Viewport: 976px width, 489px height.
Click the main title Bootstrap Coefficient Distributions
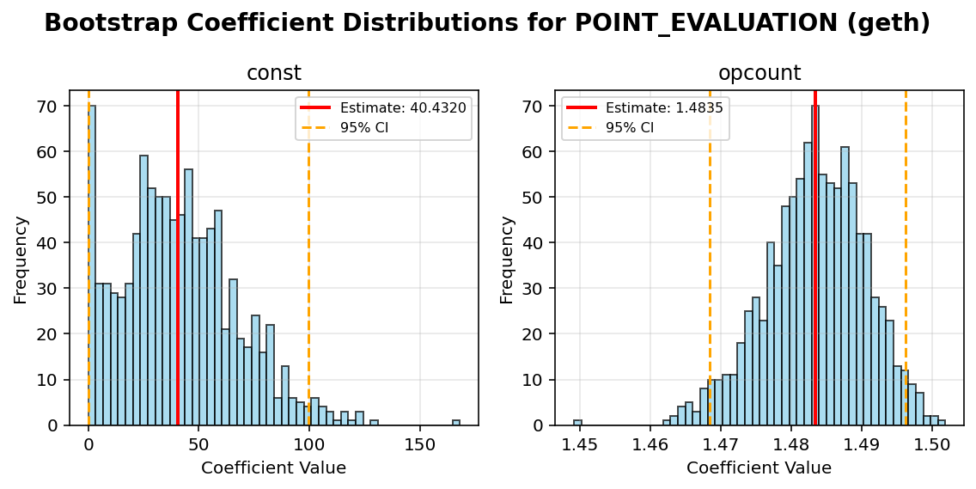coord(486,23)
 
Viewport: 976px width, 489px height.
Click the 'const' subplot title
coord(273,74)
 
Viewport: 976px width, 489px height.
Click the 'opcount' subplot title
coord(759,74)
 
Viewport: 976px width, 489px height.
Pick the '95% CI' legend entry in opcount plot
coord(629,127)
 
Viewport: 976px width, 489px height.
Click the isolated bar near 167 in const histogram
coord(456,422)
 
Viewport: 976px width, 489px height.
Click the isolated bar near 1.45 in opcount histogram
coord(578,422)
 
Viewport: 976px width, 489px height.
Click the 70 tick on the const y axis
coord(52,107)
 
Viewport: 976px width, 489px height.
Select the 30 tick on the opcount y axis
coord(538,289)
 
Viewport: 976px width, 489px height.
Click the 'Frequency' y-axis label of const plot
coord(21,259)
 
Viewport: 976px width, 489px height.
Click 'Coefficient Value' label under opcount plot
coord(759,468)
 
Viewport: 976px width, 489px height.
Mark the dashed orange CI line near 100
coord(309,258)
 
